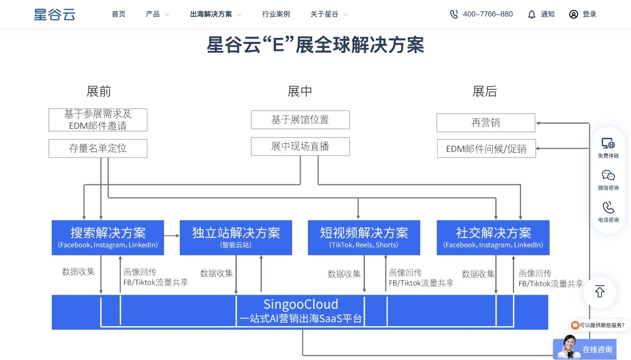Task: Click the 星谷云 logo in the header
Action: (55, 14)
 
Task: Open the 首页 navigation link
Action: (118, 14)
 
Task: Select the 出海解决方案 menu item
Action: (211, 14)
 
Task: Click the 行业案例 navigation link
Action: (276, 14)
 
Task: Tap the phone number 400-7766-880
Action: (487, 14)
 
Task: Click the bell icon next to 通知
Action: (532, 14)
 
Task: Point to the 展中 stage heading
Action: (299, 91)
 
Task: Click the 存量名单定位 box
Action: (98, 148)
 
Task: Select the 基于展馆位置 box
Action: (300, 120)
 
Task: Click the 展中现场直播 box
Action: (300, 146)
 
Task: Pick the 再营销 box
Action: (486, 123)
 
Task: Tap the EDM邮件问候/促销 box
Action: (486, 149)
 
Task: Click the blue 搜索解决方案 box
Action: (108, 237)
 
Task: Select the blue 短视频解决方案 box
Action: (364, 237)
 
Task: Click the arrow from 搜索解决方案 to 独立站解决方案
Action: (172, 236)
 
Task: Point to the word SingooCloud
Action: (300, 304)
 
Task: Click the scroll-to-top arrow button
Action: (600, 292)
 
